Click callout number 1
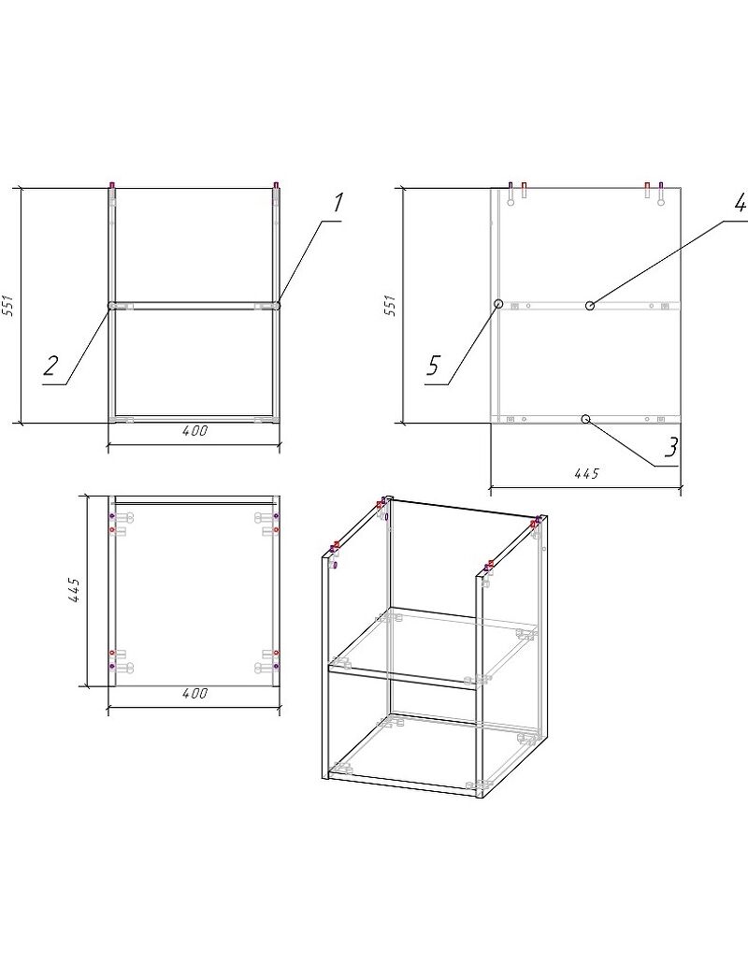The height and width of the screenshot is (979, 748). (x=338, y=204)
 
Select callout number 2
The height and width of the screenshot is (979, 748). (x=51, y=365)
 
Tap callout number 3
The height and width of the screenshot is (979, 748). (x=670, y=447)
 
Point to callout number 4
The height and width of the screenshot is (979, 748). (x=740, y=202)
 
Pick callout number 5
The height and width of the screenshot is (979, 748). (x=434, y=366)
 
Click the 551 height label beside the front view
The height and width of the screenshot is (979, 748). (x=8, y=305)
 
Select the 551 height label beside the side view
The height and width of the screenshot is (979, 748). (x=391, y=306)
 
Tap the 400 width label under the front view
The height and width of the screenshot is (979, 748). (x=195, y=431)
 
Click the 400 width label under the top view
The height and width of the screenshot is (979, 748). (x=195, y=693)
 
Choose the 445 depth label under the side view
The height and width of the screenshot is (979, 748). (x=585, y=473)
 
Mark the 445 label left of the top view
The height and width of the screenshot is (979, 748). (x=74, y=590)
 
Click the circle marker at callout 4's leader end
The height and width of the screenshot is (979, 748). (x=589, y=306)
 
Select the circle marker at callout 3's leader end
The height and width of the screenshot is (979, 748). (x=585, y=418)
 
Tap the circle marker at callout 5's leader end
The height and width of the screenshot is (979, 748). (x=498, y=304)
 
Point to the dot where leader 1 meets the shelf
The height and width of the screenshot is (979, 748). (x=277, y=306)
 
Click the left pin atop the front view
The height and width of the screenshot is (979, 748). (x=112, y=185)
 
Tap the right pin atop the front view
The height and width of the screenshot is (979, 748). (x=276, y=185)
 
